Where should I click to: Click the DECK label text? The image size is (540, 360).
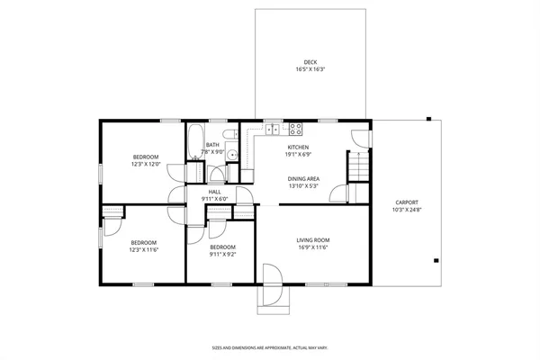click(310, 62)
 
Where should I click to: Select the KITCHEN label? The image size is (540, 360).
click(298, 147)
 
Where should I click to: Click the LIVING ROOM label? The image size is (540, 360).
click(314, 239)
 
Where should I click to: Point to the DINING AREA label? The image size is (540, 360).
click(304, 178)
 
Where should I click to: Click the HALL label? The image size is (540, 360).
click(215, 191)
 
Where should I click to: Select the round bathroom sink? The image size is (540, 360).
click(231, 155)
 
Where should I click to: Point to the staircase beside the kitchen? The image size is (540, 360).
click(358, 166)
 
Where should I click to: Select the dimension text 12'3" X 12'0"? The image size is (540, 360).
click(145, 165)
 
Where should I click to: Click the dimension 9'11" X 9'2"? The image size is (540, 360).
click(222, 255)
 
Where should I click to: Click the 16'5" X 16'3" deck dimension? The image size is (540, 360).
click(310, 69)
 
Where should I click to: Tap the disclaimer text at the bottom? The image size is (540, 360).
click(269, 347)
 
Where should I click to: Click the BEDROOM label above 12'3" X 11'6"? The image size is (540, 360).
click(144, 242)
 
